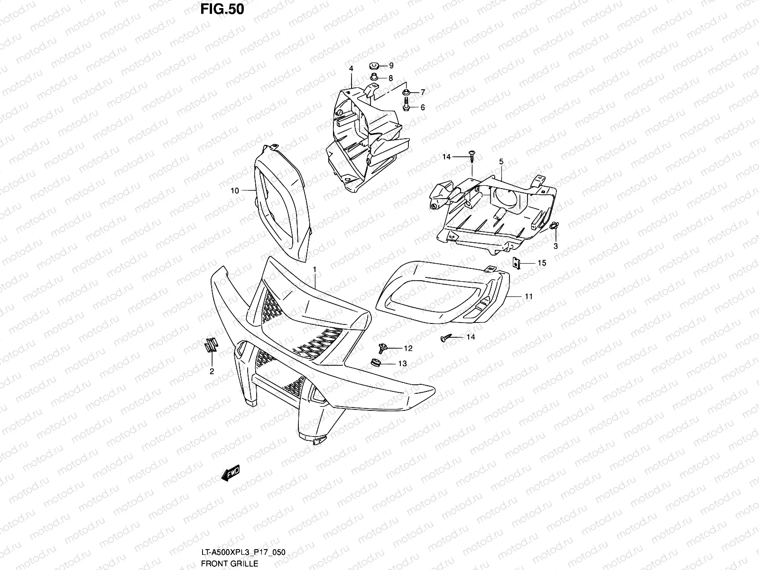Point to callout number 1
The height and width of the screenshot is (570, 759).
pos(314,269)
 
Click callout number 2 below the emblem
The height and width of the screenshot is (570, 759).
pos(212,371)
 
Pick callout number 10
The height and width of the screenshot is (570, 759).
pos(234,190)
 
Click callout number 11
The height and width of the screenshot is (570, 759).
pos(528,296)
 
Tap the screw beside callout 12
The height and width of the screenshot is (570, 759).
pos(383,348)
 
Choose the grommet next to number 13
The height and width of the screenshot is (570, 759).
pos(374,364)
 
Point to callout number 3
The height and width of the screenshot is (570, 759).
pos(555,246)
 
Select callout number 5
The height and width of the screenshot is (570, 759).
pos(501,162)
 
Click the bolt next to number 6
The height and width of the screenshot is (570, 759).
pos(407,107)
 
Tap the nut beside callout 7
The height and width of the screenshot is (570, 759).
pos(407,92)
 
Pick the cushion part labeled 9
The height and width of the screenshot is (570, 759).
pos(373,66)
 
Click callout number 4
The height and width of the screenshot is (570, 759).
pos(351,69)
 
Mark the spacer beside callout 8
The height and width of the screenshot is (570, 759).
pos(373,77)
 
